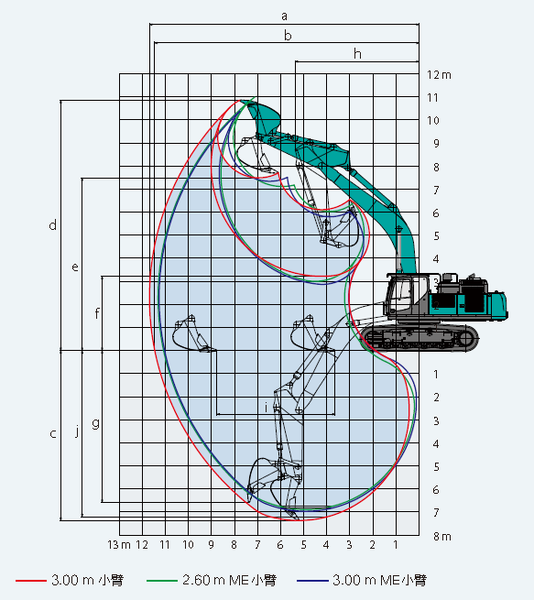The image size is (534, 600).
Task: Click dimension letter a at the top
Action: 284,16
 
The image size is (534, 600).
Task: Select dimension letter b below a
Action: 288,35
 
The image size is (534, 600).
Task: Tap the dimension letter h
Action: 357,54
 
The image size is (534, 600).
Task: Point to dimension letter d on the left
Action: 53,225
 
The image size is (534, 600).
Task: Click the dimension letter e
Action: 75,267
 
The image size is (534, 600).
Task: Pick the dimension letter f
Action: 97,313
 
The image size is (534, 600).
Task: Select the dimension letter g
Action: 95,423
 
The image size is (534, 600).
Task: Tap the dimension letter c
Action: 53,433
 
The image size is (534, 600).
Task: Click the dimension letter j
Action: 77,431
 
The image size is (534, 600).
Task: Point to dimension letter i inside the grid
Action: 267,408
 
